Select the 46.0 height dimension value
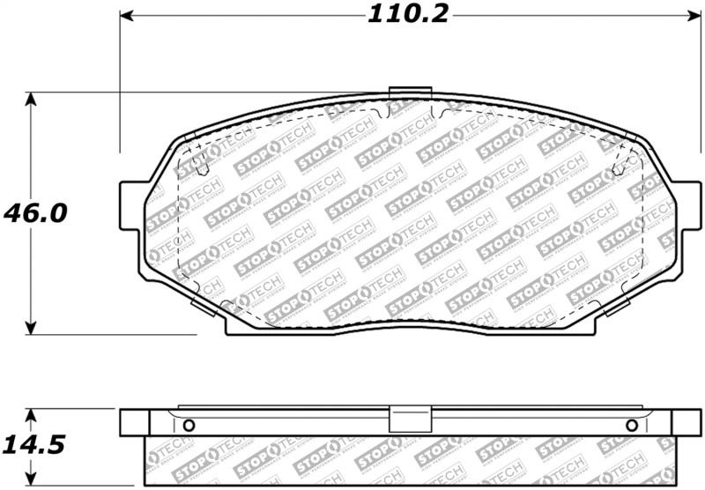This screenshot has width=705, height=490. [x=35, y=213]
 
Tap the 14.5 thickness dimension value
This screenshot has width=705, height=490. [x=34, y=446]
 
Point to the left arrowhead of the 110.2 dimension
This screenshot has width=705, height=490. [x=125, y=15]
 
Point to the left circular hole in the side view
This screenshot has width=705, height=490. [x=188, y=427]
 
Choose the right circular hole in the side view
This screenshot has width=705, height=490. [x=631, y=427]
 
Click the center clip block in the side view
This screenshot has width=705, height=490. [x=409, y=421]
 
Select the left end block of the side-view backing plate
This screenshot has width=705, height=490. [x=134, y=422]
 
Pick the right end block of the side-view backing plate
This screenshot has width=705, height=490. [x=685, y=422]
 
